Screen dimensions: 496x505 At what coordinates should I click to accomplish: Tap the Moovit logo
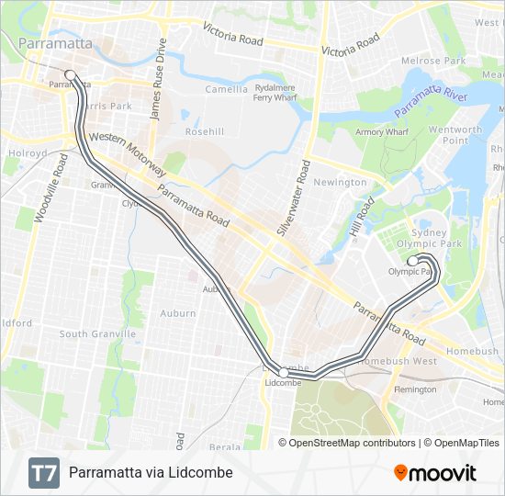click(435, 473)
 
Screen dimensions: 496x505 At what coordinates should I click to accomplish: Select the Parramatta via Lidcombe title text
click(151, 473)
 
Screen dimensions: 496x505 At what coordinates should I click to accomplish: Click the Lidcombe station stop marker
click(284, 373)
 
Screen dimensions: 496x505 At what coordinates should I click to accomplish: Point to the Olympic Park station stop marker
click(412, 262)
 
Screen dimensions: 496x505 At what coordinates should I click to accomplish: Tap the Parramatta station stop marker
click(69, 75)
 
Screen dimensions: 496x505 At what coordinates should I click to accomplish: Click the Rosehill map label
click(204, 132)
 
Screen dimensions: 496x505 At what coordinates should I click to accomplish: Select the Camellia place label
click(226, 90)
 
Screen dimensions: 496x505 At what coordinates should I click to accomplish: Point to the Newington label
click(340, 183)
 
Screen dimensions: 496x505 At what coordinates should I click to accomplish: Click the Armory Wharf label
click(382, 132)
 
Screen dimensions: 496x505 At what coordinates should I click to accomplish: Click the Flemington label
click(415, 389)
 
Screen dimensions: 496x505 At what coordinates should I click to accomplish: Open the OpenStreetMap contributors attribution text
click(353, 443)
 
